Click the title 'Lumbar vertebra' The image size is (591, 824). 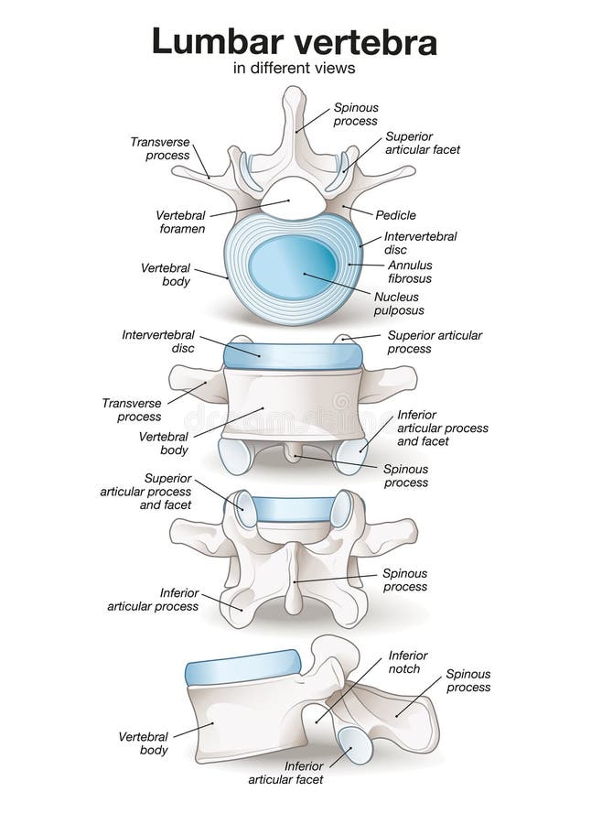[x=294, y=41]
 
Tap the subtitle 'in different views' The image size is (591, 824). [x=294, y=68]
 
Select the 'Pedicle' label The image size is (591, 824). [x=395, y=215]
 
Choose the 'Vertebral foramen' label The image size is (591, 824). [x=179, y=222]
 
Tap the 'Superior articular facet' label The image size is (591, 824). [x=421, y=144]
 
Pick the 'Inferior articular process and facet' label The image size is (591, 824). [x=442, y=428]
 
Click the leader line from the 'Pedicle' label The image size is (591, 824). [x=359, y=211]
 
